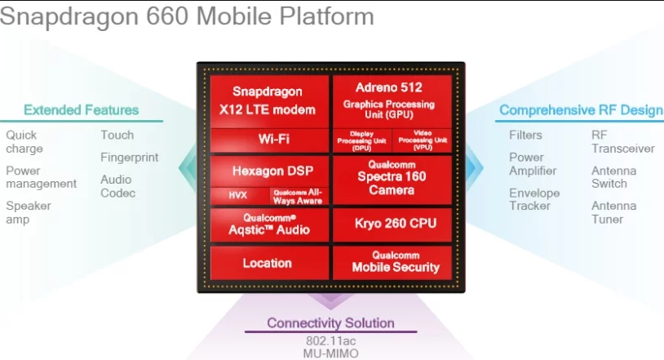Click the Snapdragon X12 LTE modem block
269,101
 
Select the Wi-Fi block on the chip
269,140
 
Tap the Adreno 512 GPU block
392,101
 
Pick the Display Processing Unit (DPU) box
362,140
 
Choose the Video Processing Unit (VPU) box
423,140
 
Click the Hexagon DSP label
272,171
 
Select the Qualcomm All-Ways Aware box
299,196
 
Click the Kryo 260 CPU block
392,224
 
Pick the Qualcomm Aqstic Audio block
269,224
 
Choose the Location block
269,263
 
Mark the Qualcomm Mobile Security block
392,263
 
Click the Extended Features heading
82,110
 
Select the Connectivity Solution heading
330,323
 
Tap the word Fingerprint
130,158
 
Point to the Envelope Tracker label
534,199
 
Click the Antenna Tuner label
614,212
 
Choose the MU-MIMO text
330,353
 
